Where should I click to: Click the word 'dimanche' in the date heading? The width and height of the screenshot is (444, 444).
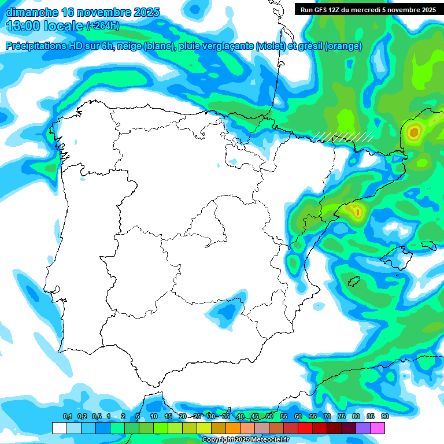[31, 12]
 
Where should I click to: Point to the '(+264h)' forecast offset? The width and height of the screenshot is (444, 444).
[102, 26]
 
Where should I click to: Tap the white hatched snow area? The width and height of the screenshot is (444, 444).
[343, 136]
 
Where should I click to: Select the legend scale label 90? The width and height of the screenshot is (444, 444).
[385, 416]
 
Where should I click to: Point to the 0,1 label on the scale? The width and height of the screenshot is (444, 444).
[67, 416]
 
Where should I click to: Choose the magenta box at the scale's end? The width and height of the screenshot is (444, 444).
[378, 428]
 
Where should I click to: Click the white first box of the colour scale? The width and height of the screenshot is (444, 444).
[59, 428]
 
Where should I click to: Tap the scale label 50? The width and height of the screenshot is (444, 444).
[269, 416]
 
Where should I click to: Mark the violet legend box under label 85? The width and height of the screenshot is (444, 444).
[363, 428]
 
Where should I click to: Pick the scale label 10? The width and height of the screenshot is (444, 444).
[154, 416]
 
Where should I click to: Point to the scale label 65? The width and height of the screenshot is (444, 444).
[313, 416]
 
